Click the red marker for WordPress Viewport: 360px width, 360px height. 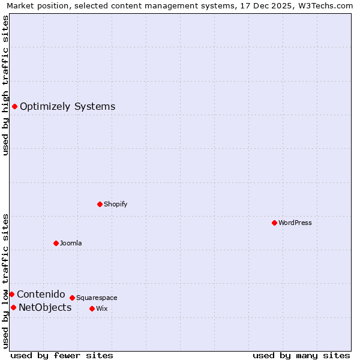(x=274, y=223)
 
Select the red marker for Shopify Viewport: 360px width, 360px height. (x=100, y=204)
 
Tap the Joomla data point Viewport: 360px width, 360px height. (x=56, y=243)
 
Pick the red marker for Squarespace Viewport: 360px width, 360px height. (x=72, y=298)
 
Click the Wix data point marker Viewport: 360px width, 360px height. (x=92, y=308)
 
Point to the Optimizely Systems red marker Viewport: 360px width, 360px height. (x=14, y=106)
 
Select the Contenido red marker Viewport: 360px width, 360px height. (x=11, y=294)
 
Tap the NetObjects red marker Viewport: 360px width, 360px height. (x=13, y=307)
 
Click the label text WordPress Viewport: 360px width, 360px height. (x=295, y=223)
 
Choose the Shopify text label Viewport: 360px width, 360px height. (x=116, y=204)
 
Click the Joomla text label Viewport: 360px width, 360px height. (x=71, y=243)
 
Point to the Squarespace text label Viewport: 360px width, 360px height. (x=97, y=298)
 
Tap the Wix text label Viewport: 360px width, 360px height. (x=102, y=308)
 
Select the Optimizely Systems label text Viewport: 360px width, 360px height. (x=67, y=107)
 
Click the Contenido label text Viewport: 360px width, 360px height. (x=41, y=294)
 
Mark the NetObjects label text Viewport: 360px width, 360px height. (x=45, y=308)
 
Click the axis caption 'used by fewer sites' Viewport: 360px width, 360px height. (x=62, y=355)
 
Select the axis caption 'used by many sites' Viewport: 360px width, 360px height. (x=301, y=355)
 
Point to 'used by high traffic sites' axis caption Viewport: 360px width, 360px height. (x=5, y=85)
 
